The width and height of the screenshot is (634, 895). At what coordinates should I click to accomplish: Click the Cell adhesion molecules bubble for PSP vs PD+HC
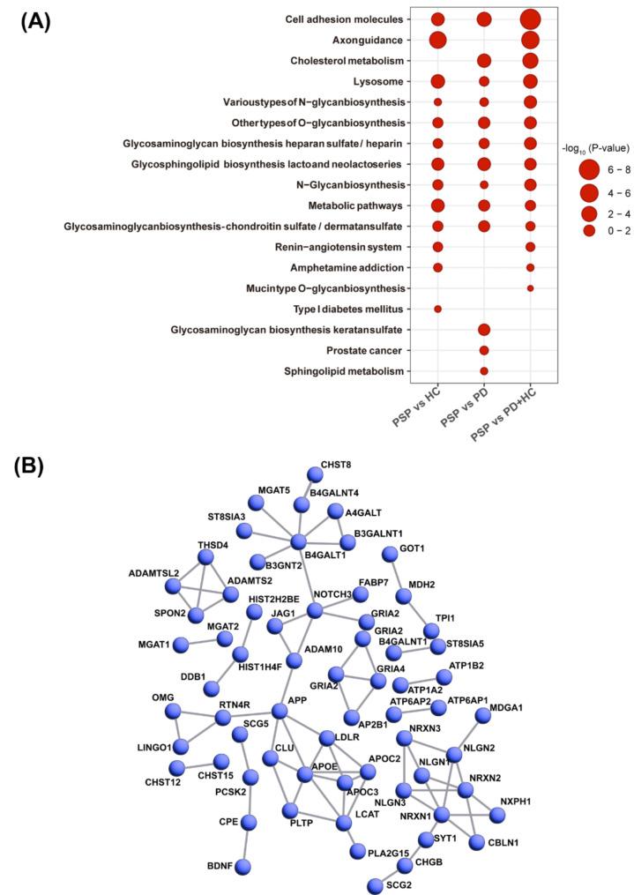[530, 19]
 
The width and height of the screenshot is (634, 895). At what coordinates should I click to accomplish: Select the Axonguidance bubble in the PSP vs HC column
[437, 40]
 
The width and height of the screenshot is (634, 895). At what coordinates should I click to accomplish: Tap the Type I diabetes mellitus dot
[437, 309]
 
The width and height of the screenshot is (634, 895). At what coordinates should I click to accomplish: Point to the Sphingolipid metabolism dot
[483, 370]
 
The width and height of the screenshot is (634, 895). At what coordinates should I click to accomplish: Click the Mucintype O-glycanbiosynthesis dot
[530, 288]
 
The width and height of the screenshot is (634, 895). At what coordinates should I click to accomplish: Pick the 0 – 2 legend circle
[589, 230]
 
